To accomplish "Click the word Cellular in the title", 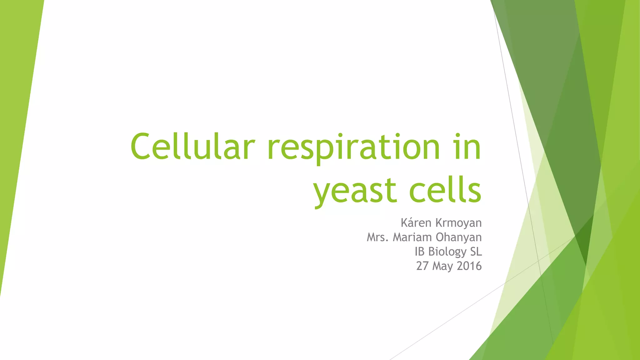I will [x=192, y=146].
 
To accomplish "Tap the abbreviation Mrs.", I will [x=377, y=237].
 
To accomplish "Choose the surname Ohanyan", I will [x=458, y=237].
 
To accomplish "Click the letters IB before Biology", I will [x=420, y=252].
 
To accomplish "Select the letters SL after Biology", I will [x=476, y=252].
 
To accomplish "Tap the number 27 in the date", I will [x=422, y=266].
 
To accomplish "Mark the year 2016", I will [x=469, y=266].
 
